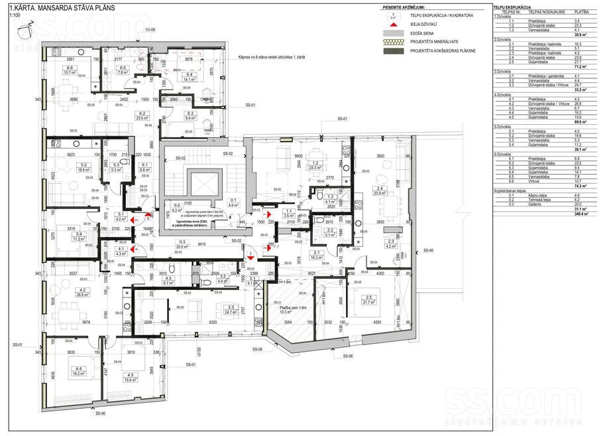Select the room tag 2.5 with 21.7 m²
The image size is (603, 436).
[x=367, y=299]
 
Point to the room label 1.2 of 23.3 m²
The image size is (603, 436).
[x=316, y=166]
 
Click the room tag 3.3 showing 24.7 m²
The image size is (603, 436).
[x=231, y=309]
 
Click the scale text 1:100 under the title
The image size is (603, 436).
[x=8, y=13]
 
